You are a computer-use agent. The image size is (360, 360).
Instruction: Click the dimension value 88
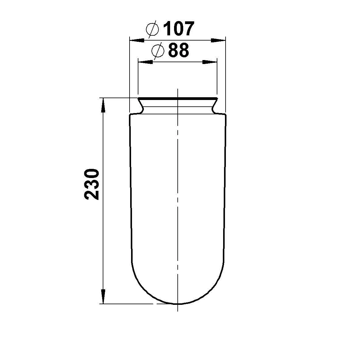(179, 50)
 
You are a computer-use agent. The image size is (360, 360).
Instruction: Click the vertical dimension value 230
(92, 184)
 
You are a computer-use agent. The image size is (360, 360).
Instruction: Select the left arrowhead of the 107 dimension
(137, 41)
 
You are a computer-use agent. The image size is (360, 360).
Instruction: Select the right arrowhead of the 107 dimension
(218, 41)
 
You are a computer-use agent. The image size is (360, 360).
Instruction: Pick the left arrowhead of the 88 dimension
(145, 62)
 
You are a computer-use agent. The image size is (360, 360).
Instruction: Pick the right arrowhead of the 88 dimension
(210, 62)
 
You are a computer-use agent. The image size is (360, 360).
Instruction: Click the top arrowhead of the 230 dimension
(103, 105)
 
